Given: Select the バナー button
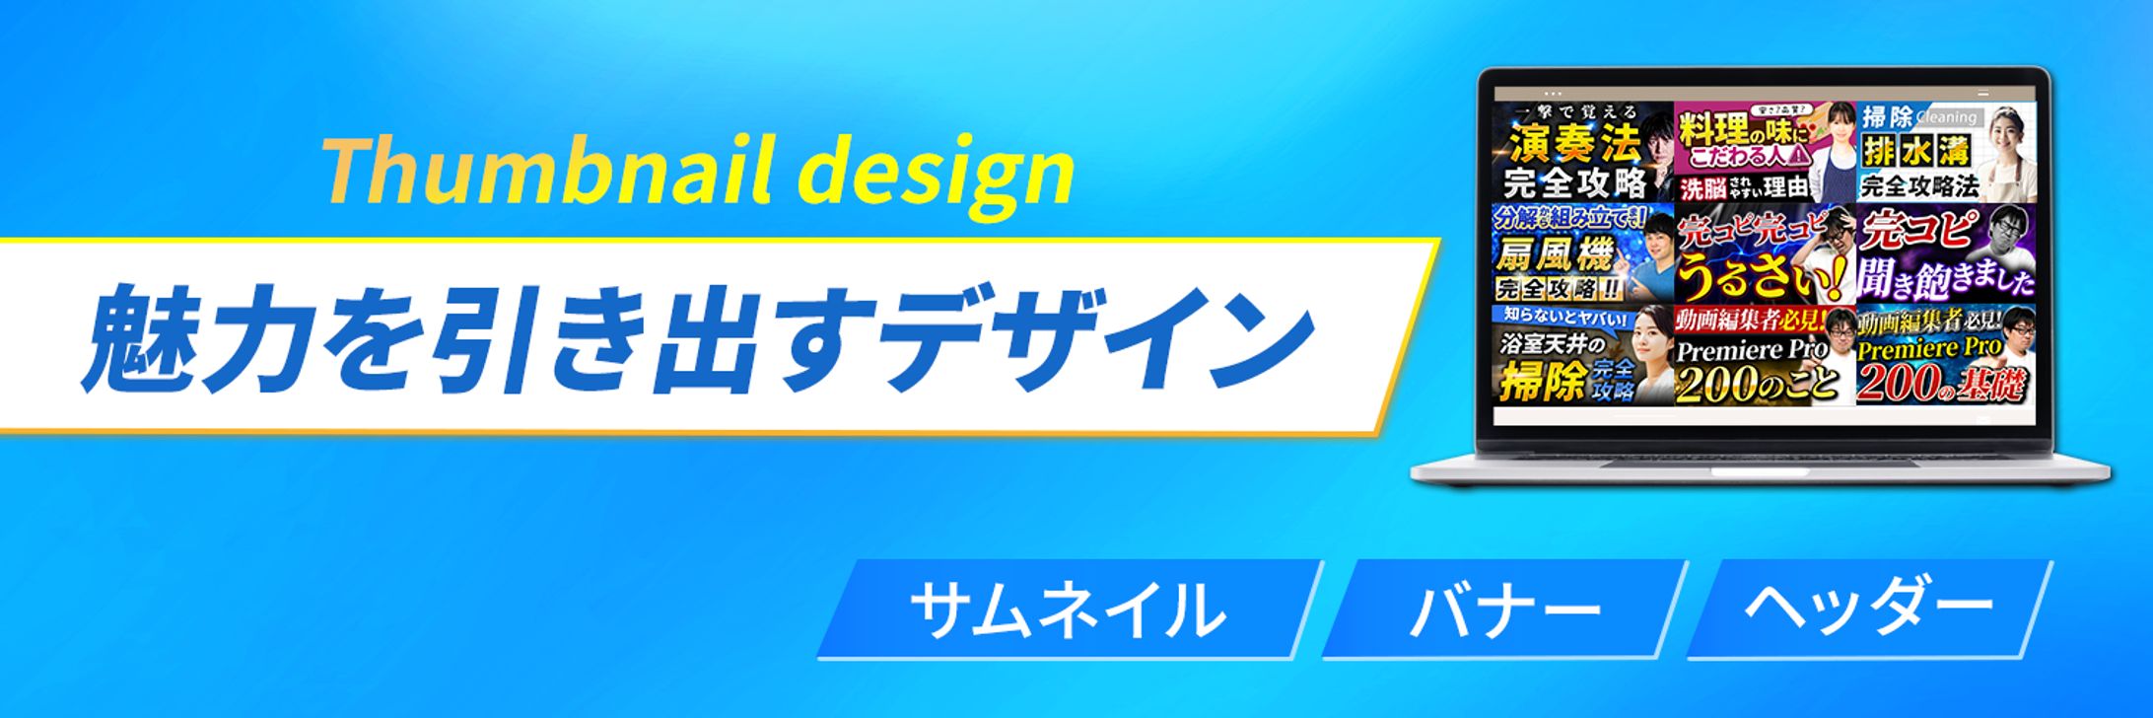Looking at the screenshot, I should (1504, 609).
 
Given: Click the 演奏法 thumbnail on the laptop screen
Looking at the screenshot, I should (1583, 152).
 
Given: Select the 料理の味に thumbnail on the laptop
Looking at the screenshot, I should (1764, 152).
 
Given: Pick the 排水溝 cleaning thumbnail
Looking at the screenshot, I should (1944, 152).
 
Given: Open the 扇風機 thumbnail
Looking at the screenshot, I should (1583, 253).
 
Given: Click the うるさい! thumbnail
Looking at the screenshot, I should (1764, 254).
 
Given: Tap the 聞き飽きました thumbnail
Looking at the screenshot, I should (1944, 254).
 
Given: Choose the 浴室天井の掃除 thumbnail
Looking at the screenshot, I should (1583, 355).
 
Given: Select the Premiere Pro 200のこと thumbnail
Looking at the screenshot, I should (1764, 355).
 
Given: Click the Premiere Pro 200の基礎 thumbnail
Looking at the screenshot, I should (1944, 355).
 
